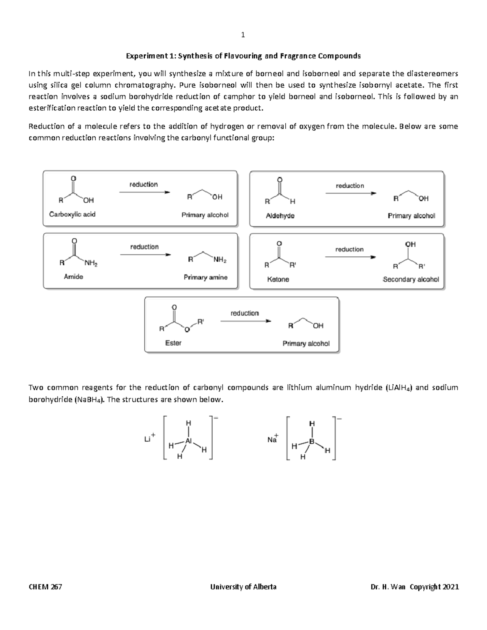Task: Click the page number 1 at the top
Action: click(x=243, y=35)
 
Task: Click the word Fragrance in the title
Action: click(x=294, y=56)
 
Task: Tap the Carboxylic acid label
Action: click(x=72, y=214)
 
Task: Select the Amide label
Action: click(x=73, y=277)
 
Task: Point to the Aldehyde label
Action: click(x=280, y=216)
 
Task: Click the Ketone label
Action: click(x=278, y=280)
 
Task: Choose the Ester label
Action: click(x=173, y=343)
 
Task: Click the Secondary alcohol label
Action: click(x=411, y=280)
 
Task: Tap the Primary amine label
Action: click(x=205, y=277)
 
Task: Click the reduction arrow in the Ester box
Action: click(x=245, y=321)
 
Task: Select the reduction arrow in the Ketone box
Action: click(x=350, y=257)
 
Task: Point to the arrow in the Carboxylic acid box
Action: click(x=144, y=192)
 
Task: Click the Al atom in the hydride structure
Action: click(x=188, y=441)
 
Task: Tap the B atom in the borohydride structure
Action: click(x=312, y=441)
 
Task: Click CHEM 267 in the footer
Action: click(x=45, y=587)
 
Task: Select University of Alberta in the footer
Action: click(x=243, y=587)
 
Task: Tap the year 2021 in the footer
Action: click(x=451, y=587)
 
